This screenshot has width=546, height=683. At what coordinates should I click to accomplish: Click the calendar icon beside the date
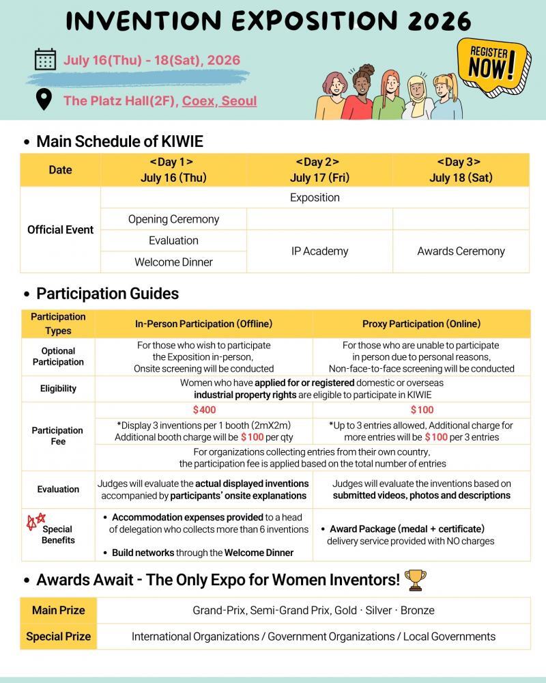point(45,60)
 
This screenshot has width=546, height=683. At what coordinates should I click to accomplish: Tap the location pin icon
point(44,100)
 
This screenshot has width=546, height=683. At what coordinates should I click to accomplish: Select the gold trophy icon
point(415,580)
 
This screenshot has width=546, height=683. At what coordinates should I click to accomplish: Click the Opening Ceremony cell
point(173,219)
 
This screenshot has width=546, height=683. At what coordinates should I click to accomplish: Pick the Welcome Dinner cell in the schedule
point(173,262)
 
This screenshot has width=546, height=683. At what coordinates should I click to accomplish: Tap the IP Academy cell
point(319,251)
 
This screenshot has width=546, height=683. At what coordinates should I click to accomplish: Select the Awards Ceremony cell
point(461,251)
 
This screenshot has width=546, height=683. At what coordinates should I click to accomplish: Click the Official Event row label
point(60,229)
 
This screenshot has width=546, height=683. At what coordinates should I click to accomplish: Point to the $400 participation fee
point(204,410)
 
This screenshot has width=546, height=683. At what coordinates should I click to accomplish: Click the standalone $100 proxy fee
point(422,410)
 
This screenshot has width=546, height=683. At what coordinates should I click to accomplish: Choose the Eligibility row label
point(58,389)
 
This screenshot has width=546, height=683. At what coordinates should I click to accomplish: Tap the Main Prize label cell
point(58,610)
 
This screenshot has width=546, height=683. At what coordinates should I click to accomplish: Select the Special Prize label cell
point(58,637)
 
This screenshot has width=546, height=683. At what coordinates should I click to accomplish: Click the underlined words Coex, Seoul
point(219,101)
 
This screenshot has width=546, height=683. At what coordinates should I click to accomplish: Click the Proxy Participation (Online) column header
point(421,324)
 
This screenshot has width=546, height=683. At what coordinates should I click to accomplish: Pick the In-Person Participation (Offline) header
point(204,324)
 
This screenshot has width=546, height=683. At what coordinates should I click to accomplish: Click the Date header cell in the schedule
point(60,170)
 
